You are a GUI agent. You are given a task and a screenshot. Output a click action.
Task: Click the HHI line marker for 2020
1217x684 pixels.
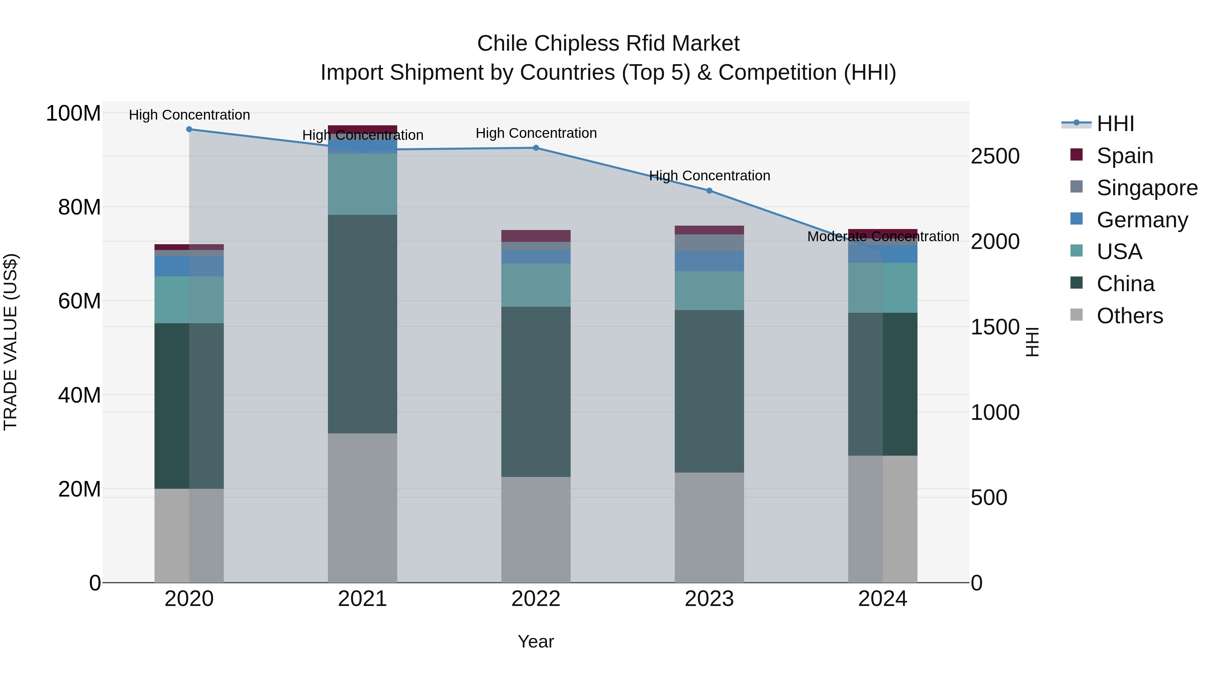coord(189,129)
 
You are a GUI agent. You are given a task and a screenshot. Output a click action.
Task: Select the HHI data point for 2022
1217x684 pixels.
coord(536,148)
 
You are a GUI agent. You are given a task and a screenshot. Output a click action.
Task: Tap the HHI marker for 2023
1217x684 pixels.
coord(709,191)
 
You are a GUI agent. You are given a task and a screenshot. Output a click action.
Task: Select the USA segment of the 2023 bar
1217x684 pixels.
coord(709,290)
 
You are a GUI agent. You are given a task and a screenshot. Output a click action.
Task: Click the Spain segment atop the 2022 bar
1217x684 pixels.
coord(536,235)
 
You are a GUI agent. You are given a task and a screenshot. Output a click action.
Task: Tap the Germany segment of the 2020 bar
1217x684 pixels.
coord(189,266)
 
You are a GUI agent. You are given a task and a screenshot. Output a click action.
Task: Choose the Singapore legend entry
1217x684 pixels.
coord(1147,187)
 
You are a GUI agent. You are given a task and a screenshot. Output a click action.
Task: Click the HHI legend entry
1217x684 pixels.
coord(1115,124)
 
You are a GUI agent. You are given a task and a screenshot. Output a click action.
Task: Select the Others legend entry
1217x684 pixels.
coord(1129,315)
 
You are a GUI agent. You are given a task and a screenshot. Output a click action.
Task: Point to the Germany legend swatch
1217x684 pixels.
coord(1077,219)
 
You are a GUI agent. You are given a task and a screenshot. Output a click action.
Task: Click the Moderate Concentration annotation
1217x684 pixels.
coord(883,236)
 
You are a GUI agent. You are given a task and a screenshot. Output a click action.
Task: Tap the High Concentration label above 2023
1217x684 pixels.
coord(709,176)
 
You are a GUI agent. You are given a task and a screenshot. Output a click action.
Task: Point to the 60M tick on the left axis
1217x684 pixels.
coord(79,301)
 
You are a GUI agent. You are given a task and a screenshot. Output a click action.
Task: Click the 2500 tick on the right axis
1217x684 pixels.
coord(995,156)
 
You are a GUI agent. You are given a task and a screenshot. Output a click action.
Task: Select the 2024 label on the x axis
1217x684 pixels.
coord(883,599)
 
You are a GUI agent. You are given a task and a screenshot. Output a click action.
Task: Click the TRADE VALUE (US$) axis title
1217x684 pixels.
coord(10,342)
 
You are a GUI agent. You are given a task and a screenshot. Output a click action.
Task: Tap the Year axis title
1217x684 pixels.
coord(536,641)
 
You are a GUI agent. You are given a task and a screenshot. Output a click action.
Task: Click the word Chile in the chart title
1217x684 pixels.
coord(502,44)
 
